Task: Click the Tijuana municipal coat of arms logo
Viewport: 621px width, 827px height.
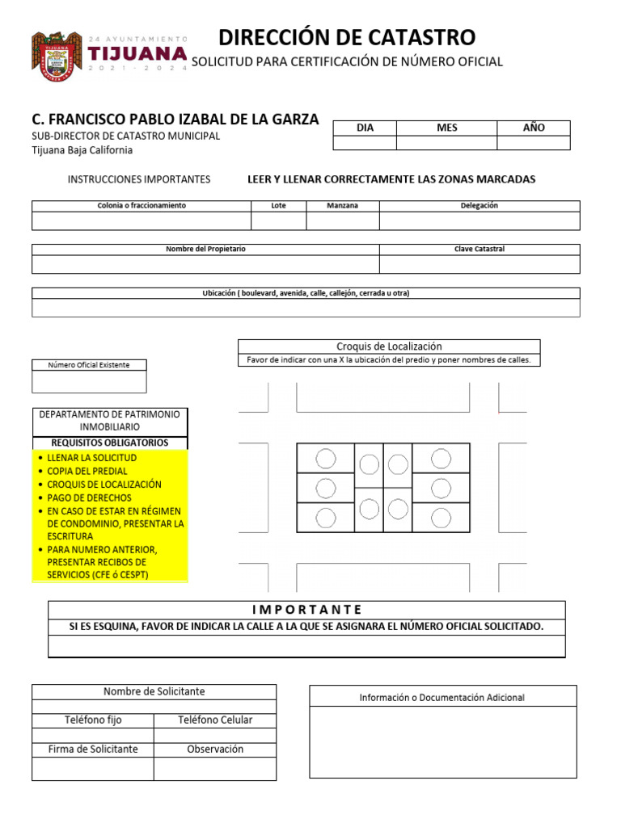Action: point(57,57)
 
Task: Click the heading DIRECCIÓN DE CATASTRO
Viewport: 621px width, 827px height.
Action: point(347,37)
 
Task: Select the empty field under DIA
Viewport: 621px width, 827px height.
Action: point(365,143)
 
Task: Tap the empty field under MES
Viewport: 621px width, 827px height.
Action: point(446,143)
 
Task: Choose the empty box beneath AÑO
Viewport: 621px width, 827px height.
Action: point(533,143)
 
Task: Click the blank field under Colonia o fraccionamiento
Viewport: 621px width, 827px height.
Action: point(142,220)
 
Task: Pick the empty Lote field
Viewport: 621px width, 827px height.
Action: point(278,220)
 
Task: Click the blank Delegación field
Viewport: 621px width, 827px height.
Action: point(479,220)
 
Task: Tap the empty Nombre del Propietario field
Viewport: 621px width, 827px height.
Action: point(205,264)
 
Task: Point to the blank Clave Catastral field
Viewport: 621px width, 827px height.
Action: point(479,264)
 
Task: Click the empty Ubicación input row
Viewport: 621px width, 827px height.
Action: point(306,308)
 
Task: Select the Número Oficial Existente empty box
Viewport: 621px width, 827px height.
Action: point(89,381)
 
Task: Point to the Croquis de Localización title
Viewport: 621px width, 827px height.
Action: point(389,346)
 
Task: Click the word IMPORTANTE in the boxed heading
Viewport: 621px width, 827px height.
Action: point(306,610)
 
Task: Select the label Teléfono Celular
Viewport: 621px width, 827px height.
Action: point(214,720)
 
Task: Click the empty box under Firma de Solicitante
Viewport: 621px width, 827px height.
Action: point(92,769)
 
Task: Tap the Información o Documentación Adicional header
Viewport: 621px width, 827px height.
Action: point(442,697)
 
